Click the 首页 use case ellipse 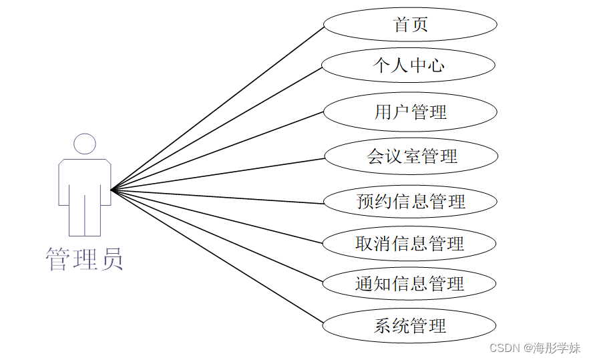coord(410,25)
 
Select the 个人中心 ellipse coord(408,65)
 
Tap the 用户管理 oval coord(410,112)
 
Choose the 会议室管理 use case coord(411,156)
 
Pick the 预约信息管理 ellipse coord(410,201)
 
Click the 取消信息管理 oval coord(409,243)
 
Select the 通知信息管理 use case coord(409,284)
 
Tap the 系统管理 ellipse coord(409,326)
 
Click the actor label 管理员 coord(84,259)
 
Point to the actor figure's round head coord(85,144)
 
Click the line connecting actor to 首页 coord(217,108)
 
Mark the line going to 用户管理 coord(217,151)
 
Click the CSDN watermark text coord(504,348)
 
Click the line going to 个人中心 coord(217,128)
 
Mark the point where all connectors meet coord(112,190)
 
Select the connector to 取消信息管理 coord(217,215)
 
